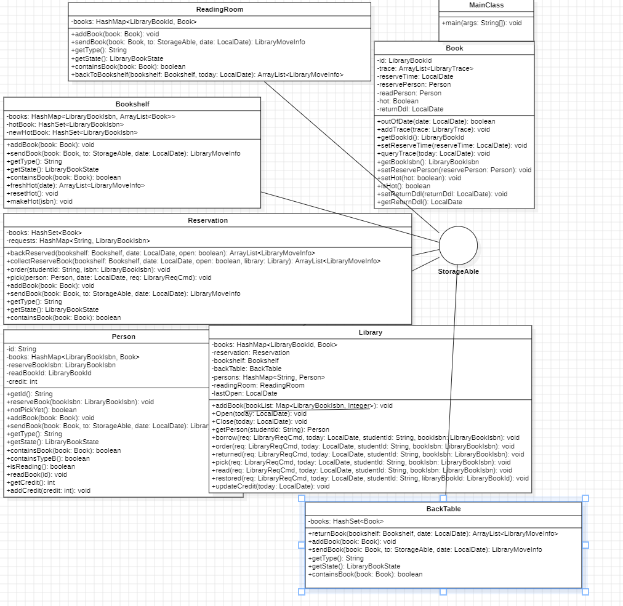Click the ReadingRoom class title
(219, 9)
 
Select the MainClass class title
(486, 5)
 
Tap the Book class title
(454, 48)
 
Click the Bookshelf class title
(132, 104)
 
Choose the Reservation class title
(207, 220)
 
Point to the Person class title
(124, 337)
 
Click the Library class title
(370, 332)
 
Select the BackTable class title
(443, 509)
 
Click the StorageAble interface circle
(458, 245)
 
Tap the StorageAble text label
(458, 271)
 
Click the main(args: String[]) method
(481, 23)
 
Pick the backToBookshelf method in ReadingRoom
(207, 74)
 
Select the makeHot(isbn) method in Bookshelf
(39, 201)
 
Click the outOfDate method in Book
(436, 121)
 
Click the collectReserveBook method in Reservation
(193, 261)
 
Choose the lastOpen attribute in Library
(244, 393)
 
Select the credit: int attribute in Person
(22, 381)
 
